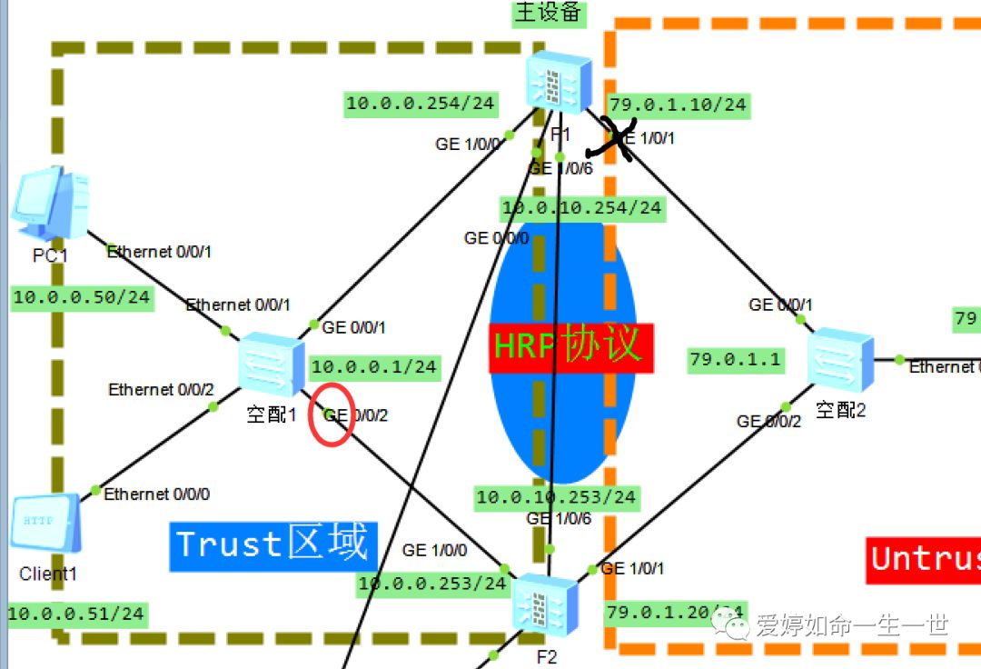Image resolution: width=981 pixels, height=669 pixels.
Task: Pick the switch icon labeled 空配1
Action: pos(272,365)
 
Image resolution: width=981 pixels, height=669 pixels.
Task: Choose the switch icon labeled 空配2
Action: pos(841,361)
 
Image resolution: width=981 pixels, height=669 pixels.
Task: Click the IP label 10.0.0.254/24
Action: pos(421,104)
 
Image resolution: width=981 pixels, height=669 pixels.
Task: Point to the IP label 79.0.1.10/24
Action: pos(678,105)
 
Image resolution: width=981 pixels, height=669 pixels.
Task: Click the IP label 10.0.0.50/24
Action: pos(82,297)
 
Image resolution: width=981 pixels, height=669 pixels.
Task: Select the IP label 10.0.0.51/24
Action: pos(76,614)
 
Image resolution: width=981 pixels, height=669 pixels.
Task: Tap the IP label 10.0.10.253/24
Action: pos(556,497)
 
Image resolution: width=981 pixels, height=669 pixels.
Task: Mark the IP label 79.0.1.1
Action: pos(736,360)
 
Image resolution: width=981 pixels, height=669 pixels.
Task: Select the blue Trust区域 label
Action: pos(272,544)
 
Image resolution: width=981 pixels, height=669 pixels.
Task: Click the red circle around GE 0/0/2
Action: pos(332,415)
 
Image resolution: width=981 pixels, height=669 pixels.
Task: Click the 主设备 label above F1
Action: pos(550,13)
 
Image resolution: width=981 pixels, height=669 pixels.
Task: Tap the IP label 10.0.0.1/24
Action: pos(373,367)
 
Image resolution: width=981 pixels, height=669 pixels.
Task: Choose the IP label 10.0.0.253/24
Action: pos(431,584)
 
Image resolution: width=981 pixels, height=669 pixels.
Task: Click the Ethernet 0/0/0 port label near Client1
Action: pos(156,494)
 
